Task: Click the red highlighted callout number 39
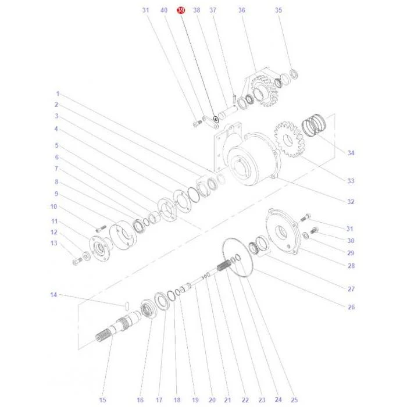(x=181, y=10)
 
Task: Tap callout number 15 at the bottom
(x=102, y=400)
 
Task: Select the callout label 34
(x=351, y=153)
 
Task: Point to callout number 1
(x=58, y=94)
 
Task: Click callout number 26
(x=351, y=307)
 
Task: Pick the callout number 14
(x=53, y=295)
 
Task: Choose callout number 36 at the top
(x=242, y=10)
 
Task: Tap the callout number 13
(x=53, y=243)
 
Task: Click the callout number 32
(x=351, y=202)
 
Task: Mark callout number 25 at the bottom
(x=294, y=400)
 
